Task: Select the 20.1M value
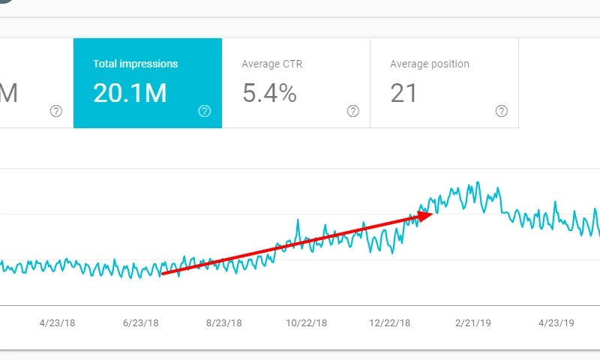coord(130,93)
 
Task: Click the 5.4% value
coord(269,93)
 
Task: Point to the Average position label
coord(430,64)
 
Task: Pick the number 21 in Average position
coord(403,93)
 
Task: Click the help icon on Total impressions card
coord(205,111)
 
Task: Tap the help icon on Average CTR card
coord(353,111)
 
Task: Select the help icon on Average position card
coord(502,111)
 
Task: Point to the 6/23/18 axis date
coord(141,323)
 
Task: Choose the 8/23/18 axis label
coord(223,323)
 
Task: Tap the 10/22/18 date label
coord(307,323)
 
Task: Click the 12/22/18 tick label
coord(390,323)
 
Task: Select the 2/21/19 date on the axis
coord(473,323)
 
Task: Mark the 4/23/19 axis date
coord(556,323)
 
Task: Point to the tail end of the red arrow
coord(163,274)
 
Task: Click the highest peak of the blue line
coord(477,181)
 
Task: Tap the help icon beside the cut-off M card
coord(56,111)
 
